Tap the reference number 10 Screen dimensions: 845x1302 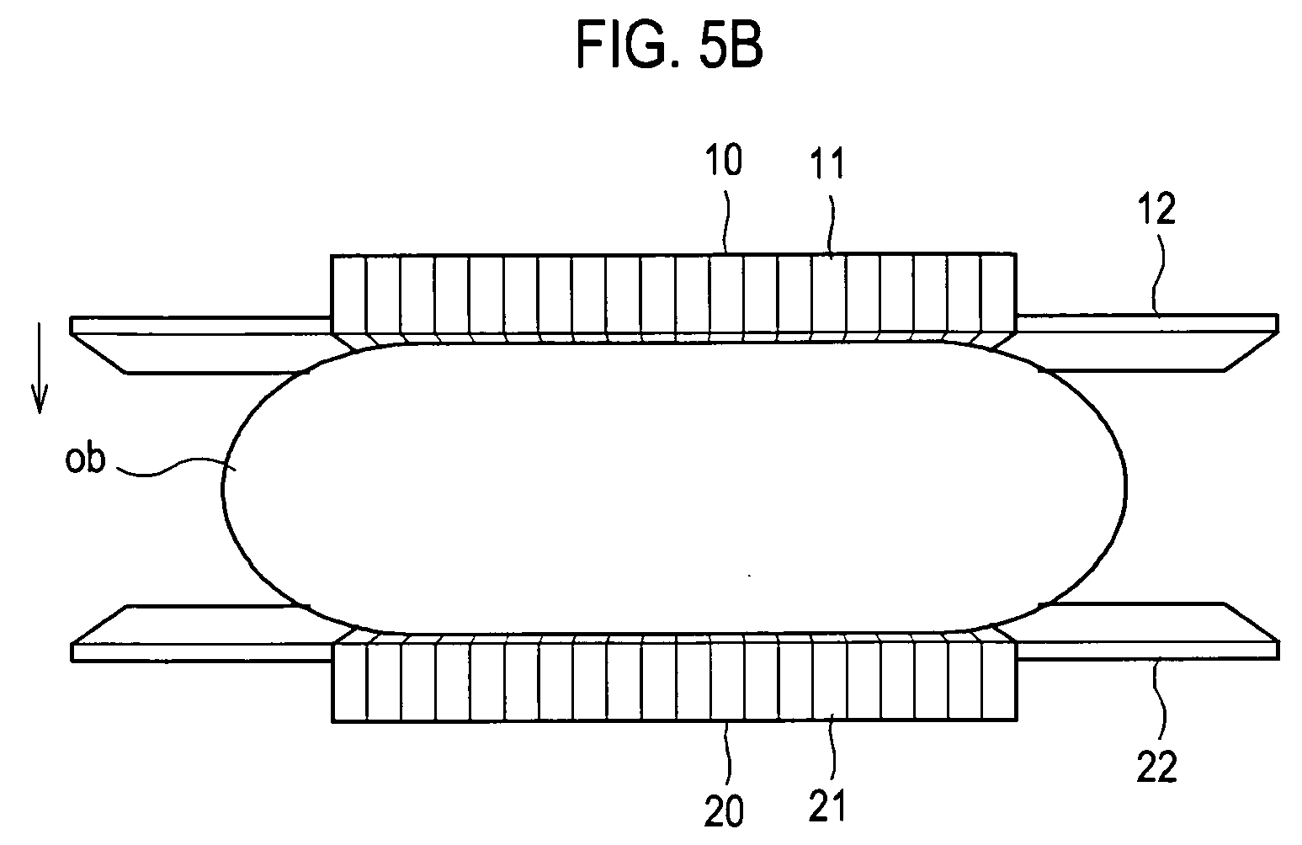click(x=725, y=160)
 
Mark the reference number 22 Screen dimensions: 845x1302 click(x=1156, y=768)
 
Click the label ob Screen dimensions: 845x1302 click(x=85, y=461)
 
